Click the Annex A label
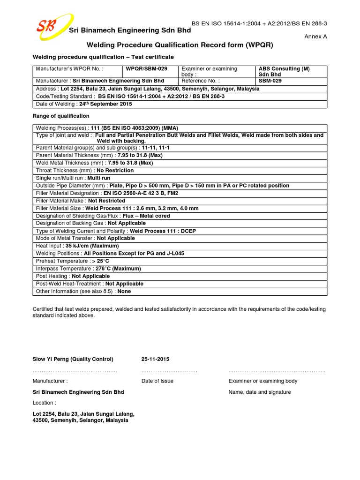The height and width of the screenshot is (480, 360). pyautogui.click(x=316, y=36)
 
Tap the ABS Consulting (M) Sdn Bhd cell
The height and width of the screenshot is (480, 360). pyautogui.click(x=284, y=72)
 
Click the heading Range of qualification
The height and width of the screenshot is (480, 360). pyautogui.click(x=61, y=116)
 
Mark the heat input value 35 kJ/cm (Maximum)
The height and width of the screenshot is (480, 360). pyautogui.click(x=92, y=246)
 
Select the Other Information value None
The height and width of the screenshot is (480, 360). pyautogui.click(x=125, y=291)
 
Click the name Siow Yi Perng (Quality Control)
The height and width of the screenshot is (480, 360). pyautogui.click(x=73, y=359)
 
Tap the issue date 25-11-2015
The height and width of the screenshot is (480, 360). pyautogui.click(x=155, y=359)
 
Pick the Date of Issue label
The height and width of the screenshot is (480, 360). pyautogui.click(x=157, y=381)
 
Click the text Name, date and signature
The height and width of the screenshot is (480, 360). pyautogui.click(x=260, y=392)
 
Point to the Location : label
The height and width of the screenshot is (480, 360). pyautogui.click(x=45, y=403)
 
